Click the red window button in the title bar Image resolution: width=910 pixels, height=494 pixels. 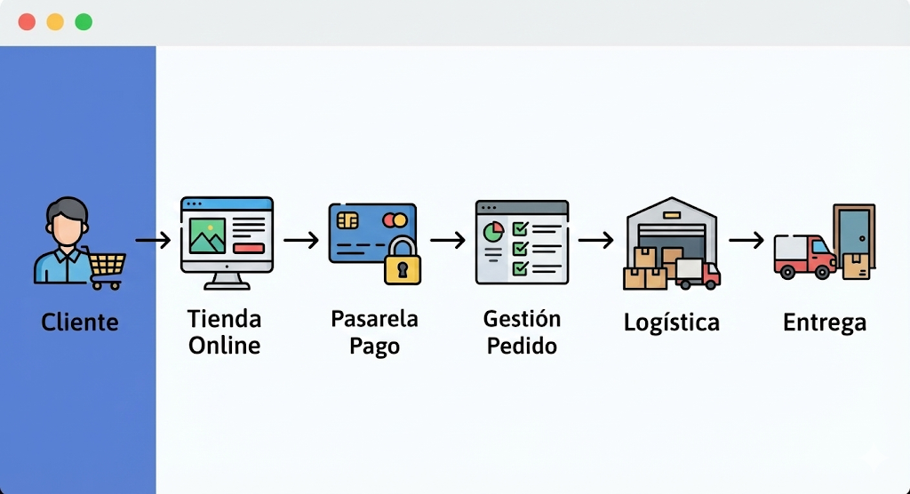[27, 22]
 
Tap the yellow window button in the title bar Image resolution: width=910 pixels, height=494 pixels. [55, 22]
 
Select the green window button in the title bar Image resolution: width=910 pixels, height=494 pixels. [84, 22]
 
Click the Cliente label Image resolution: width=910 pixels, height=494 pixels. [79, 322]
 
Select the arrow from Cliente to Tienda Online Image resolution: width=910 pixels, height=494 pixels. [153, 240]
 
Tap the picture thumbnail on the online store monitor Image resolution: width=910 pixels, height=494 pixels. [207, 235]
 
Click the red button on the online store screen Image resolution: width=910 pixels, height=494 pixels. [248, 248]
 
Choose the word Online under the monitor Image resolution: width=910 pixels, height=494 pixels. [224, 346]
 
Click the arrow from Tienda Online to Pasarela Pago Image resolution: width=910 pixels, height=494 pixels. [301, 240]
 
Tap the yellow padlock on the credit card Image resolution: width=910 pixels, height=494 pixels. [403, 263]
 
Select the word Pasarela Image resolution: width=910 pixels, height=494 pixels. [374, 319]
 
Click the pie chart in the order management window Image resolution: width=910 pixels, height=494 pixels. [492, 231]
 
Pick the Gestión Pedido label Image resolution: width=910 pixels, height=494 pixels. [522, 332]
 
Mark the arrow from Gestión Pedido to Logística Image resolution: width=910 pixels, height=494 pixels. [595, 240]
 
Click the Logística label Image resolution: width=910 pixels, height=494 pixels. [671, 322]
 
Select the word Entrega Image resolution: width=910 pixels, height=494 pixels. [824, 323]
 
